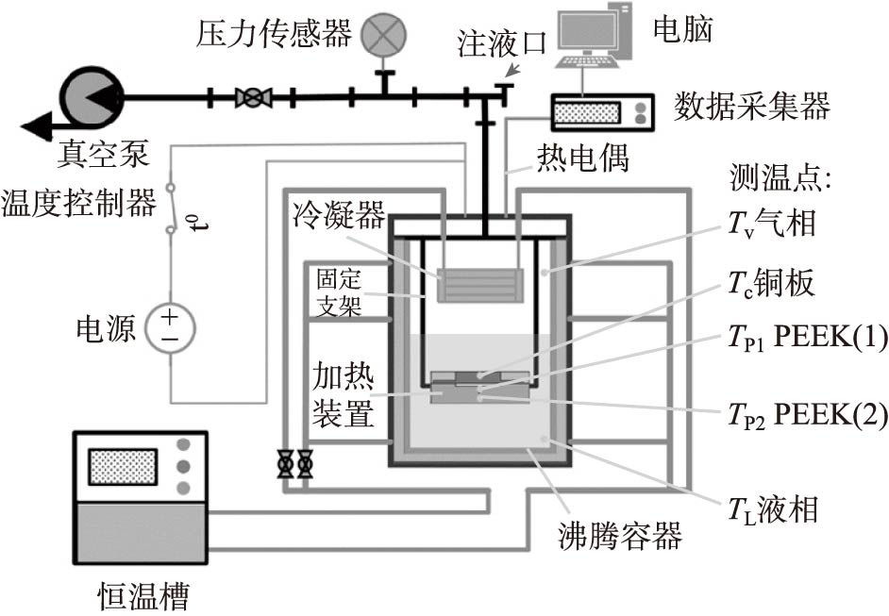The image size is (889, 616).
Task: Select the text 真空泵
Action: click(96, 154)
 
